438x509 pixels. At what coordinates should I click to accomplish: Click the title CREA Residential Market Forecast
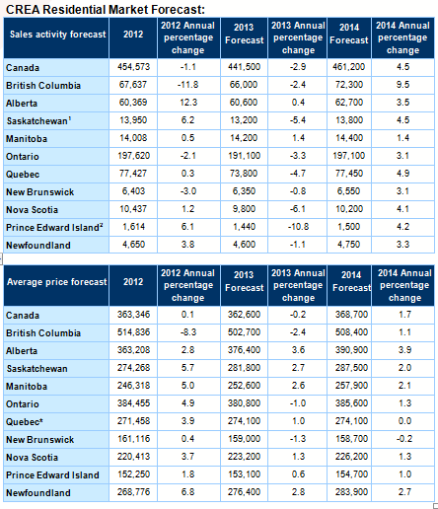[106, 10]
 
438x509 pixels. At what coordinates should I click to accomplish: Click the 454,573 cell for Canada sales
[133, 67]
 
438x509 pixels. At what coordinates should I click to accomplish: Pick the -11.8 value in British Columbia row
[188, 85]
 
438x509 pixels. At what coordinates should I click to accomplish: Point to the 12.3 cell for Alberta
[188, 103]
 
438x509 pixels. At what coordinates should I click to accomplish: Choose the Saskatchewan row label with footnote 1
[38, 120]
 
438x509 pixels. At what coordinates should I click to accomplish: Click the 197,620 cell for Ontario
[133, 156]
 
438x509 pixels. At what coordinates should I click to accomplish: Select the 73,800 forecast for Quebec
[244, 174]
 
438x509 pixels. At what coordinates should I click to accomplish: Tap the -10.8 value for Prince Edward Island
[298, 227]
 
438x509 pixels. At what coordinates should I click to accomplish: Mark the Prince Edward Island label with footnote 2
[54, 227]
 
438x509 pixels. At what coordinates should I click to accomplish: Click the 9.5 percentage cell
[402, 85]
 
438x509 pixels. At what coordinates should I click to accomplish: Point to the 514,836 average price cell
[133, 332]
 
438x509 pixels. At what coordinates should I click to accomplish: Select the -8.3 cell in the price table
[188, 332]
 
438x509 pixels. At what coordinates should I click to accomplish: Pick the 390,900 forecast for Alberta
[351, 350]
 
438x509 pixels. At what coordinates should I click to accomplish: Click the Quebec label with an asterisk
[25, 421]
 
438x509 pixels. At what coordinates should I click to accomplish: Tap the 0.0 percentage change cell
[404, 421]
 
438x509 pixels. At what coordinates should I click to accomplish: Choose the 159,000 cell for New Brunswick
[244, 439]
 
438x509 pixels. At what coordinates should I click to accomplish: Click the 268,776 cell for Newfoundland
[133, 492]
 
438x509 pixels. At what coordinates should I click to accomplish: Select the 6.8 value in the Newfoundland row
[187, 492]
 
